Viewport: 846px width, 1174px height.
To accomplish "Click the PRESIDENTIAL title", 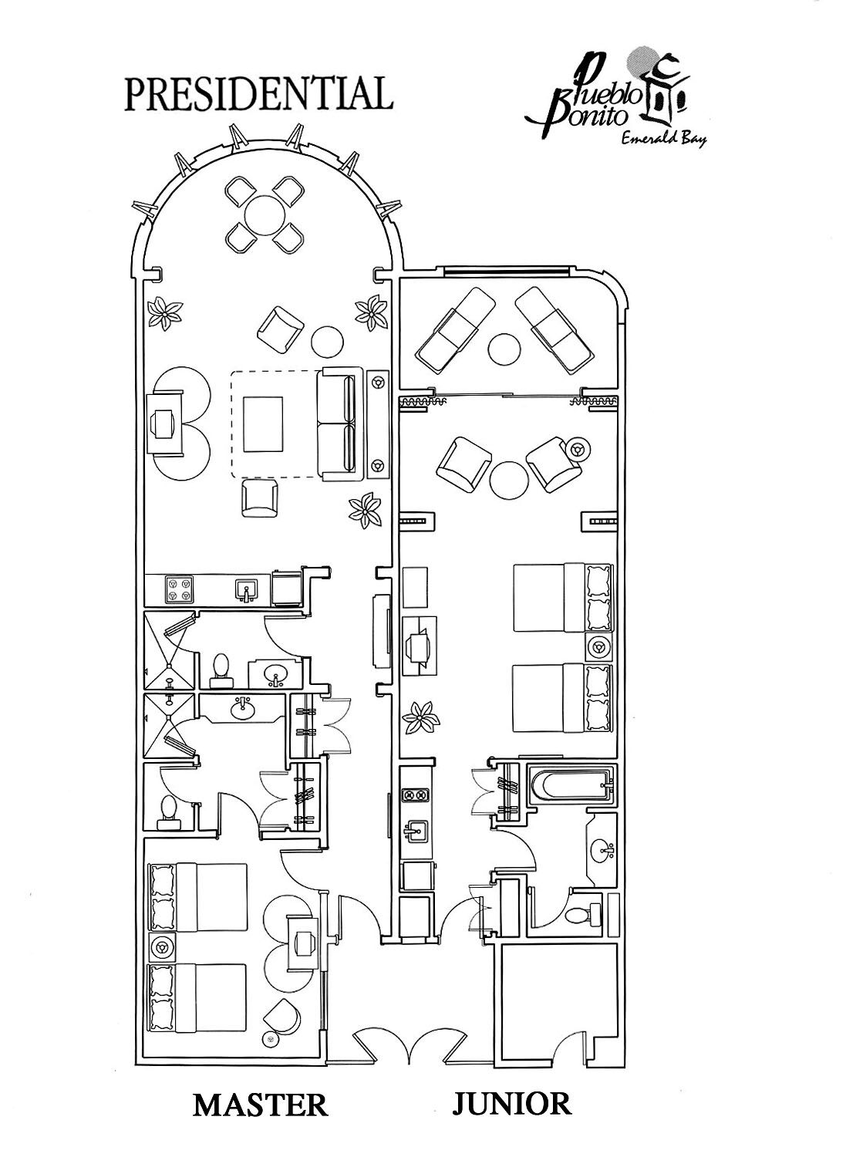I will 259,93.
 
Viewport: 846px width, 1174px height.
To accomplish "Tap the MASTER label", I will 260,1104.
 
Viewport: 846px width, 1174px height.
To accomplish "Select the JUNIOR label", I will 511,1103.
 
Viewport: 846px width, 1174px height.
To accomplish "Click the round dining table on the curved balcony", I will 265,214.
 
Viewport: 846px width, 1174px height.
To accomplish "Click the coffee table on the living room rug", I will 264,423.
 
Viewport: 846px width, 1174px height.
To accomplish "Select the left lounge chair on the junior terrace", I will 455,329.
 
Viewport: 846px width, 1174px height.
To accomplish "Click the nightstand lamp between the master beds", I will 162,946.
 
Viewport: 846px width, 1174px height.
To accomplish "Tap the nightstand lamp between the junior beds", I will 598,646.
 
